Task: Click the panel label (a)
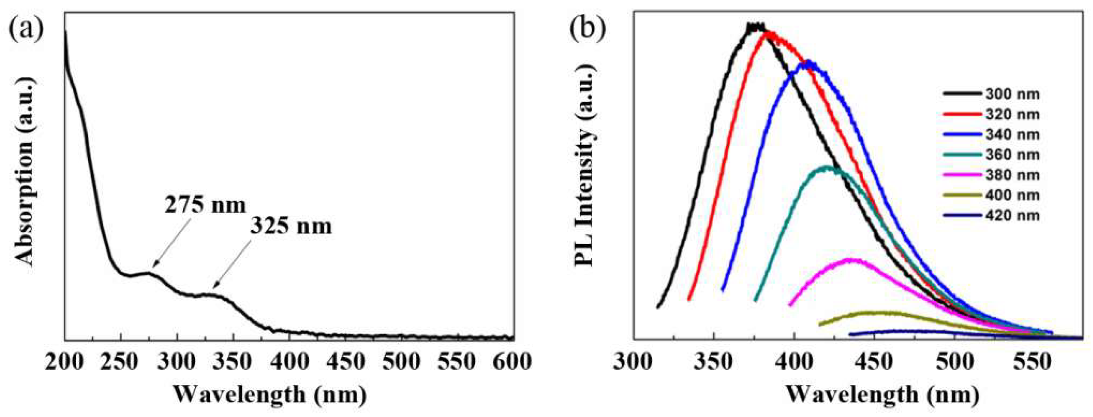click(x=26, y=28)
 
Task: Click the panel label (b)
click(x=588, y=28)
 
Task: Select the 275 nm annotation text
click(x=205, y=205)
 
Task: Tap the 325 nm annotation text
click(x=291, y=226)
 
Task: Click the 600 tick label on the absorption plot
click(x=513, y=362)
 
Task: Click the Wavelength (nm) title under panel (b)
click(x=882, y=395)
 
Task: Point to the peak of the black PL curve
click(x=755, y=26)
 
